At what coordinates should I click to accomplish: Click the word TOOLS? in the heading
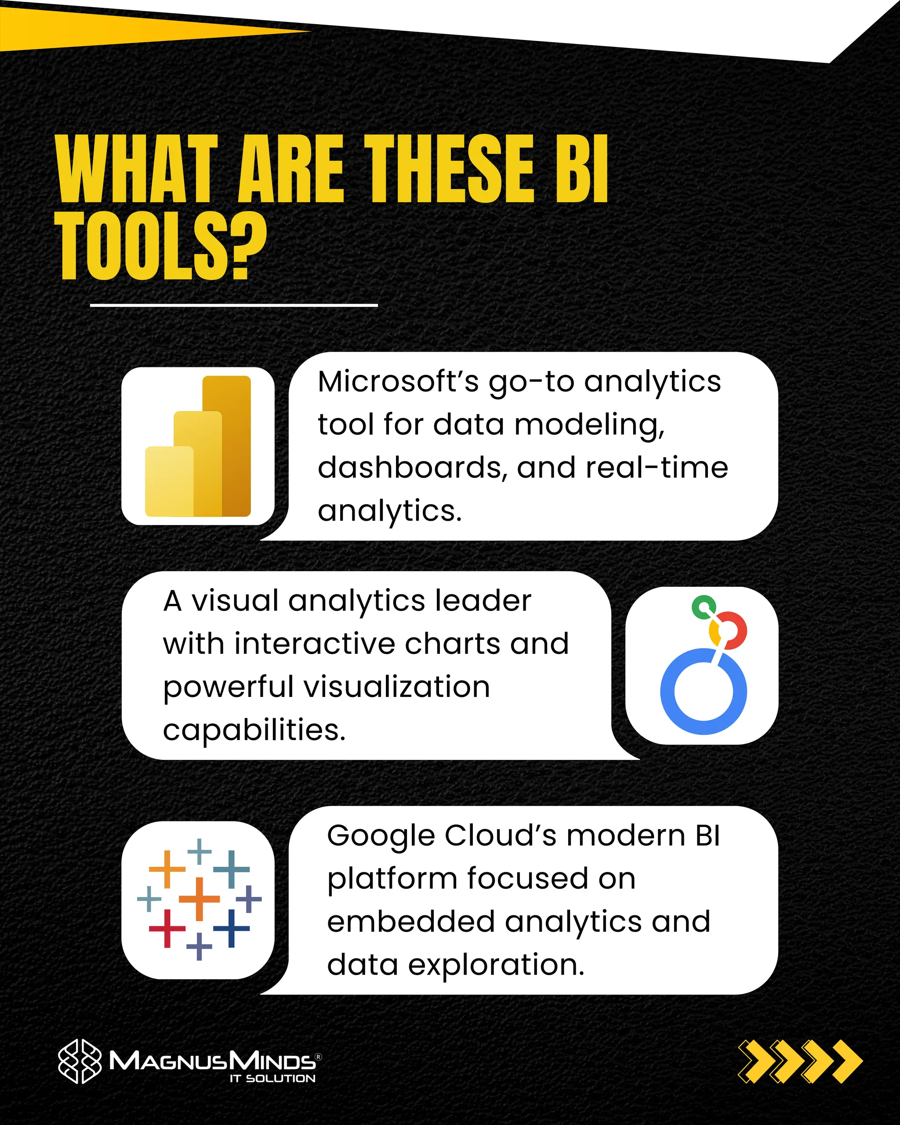coord(161,246)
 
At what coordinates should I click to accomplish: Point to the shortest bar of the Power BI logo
coord(168,481)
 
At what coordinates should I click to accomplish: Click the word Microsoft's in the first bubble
coord(398,381)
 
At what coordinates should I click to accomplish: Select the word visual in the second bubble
coord(234,601)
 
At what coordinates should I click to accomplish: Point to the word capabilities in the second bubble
coord(254,729)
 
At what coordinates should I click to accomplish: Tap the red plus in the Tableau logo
coord(167,928)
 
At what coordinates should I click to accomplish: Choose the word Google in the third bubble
coord(381,835)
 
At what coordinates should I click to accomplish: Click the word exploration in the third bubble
coord(496,964)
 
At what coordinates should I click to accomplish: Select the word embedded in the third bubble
coord(410,922)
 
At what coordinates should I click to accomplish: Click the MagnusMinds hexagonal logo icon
coord(79,1061)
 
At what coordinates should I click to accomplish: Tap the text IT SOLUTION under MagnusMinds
coord(272,1078)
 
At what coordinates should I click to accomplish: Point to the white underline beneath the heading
coord(234,305)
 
